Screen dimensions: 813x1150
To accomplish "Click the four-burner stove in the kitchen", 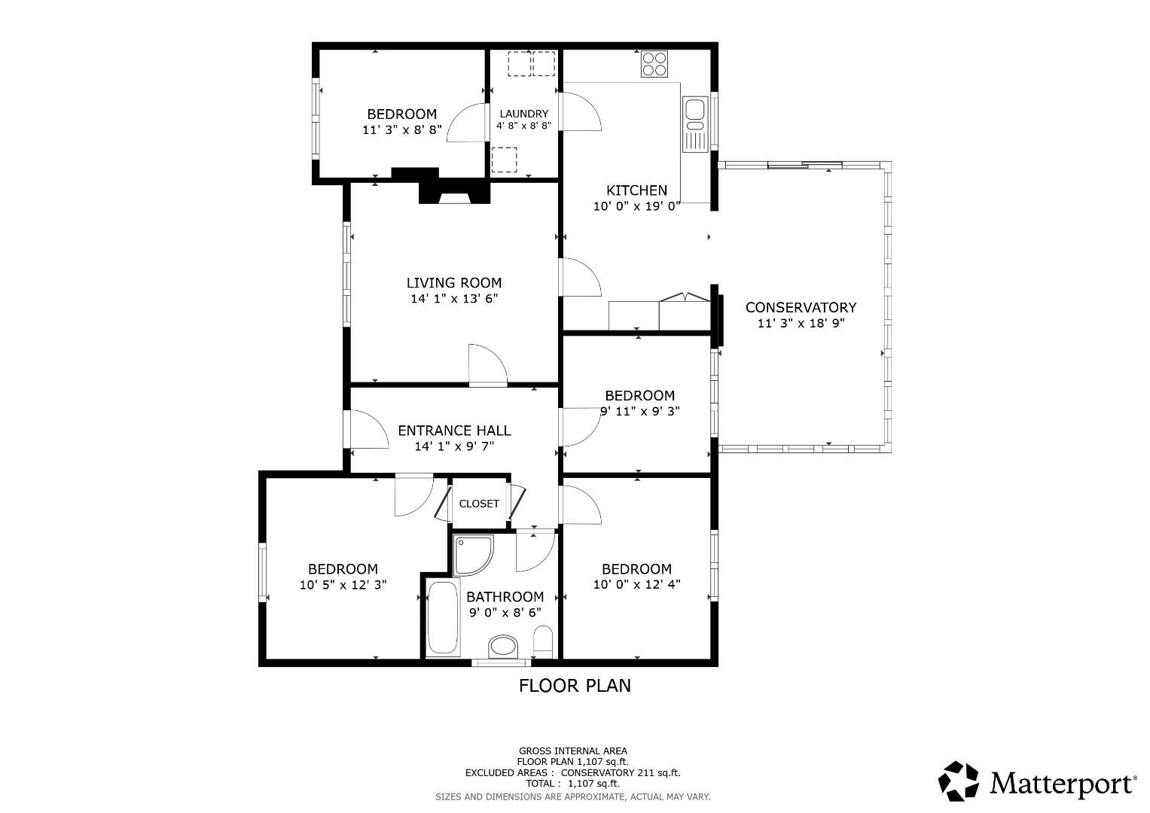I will click(654, 63).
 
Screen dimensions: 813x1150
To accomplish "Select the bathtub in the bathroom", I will click(443, 617).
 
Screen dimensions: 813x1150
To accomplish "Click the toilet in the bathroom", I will click(543, 642).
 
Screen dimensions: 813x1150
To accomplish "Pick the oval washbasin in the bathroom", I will click(503, 646).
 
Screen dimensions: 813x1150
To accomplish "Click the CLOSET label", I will click(479, 504).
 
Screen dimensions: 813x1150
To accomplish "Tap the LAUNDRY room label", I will click(523, 114).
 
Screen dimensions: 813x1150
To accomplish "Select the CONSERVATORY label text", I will click(801, 307).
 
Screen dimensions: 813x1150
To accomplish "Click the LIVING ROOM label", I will click(454, 283).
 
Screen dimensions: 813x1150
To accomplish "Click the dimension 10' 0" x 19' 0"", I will click(637, 206).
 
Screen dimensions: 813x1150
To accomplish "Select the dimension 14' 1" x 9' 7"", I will click(454, 446).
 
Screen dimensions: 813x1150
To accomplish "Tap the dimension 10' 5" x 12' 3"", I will click(343, 584).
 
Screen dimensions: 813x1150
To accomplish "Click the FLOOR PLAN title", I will click(575, 685).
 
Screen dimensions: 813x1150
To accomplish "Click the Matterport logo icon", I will click(959, 781).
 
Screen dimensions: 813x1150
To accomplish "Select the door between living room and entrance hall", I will click(487, 366).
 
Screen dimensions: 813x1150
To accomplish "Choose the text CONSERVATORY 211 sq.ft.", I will click(621, 773).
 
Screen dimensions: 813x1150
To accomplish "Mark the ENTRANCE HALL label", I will click(454, 431).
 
